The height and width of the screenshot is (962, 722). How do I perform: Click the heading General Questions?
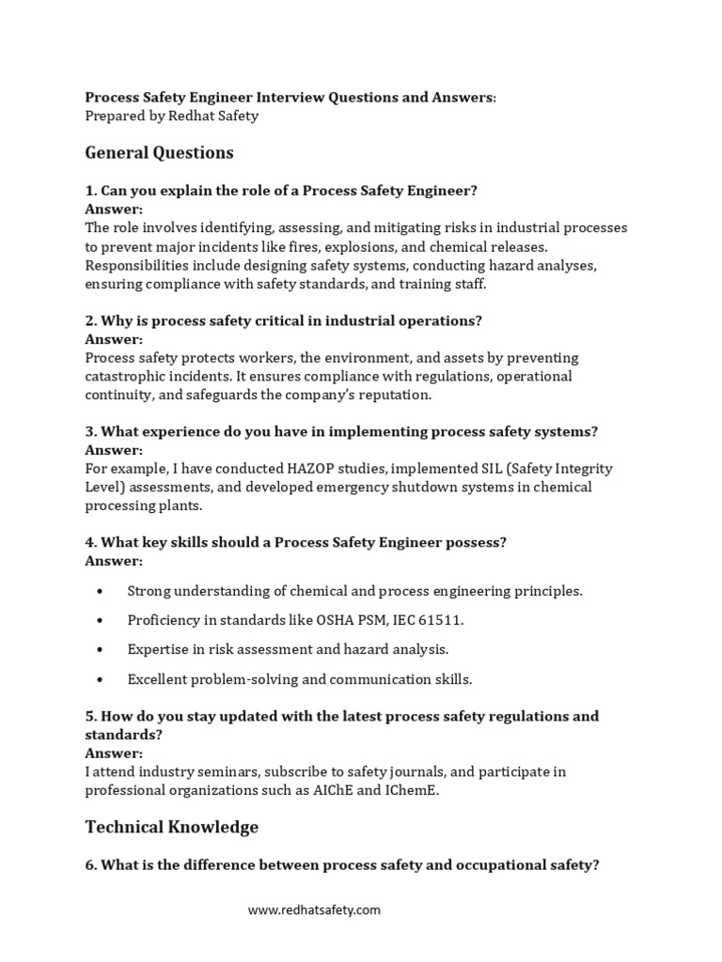pos(159,152)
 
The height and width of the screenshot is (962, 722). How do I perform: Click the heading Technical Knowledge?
pos(171,827)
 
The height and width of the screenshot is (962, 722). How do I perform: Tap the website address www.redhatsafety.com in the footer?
pos(314,909)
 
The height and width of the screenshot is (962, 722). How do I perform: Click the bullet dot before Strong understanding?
pos(101,592)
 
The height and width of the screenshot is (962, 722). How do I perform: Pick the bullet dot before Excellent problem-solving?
pos(101,678)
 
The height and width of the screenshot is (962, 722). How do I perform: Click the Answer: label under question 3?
pos(114,450)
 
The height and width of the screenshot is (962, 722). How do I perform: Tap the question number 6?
pos(90,865)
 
